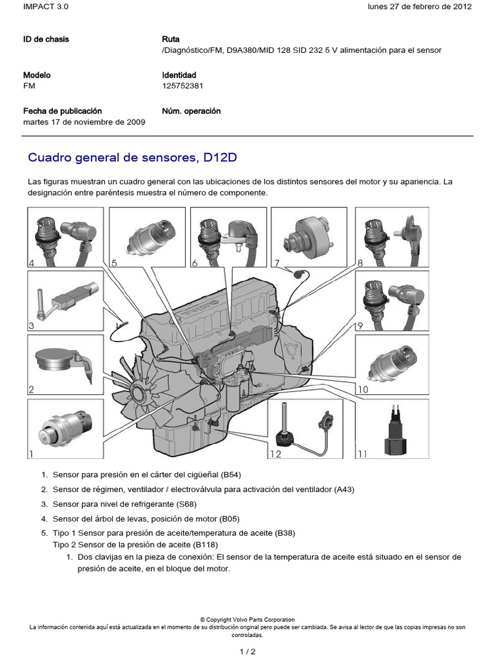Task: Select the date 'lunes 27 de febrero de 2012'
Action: click(x=420, y=7)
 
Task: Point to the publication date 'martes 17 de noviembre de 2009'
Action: click(x=84, y=122)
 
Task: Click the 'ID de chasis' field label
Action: click(x=46, y=39)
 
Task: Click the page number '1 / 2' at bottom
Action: click(x=247, y=651)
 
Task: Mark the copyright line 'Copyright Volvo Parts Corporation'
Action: click(x=247, y=620)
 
